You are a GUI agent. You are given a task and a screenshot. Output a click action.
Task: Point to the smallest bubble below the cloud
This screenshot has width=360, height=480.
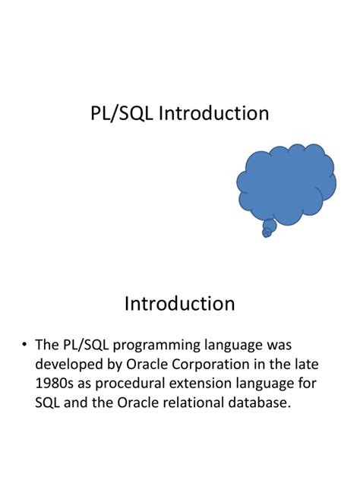click(x=266, y=233)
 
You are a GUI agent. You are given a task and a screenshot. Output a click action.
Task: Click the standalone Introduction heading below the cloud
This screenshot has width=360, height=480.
click(x=179, y=304)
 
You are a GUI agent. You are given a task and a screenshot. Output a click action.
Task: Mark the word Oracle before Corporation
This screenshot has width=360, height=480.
click(x=150, y=365)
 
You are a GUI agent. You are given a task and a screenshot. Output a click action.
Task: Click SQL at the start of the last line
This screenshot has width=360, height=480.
click(x=48, y=403)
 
